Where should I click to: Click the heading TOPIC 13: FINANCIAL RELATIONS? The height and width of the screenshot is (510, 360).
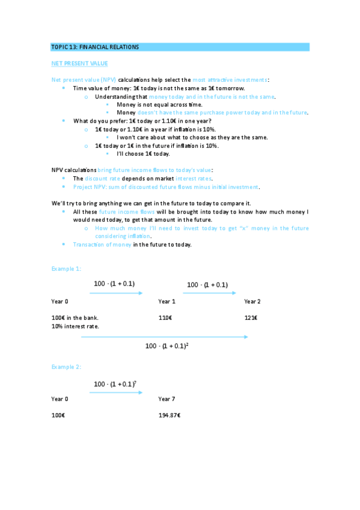click(95, 47)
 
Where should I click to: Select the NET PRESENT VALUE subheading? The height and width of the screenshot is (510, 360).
click(79, 63)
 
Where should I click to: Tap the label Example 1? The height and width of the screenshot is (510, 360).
click(66, 268)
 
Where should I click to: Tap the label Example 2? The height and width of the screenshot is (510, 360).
click(66, 366)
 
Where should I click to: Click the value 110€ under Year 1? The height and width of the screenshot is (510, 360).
click(165, 318)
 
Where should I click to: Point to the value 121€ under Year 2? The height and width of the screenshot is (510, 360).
click(251, 318)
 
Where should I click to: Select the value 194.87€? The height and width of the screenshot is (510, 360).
click(169, 415)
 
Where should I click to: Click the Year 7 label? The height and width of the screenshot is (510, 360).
click(166, 399)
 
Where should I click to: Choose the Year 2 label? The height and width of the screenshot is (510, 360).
click(252, 301)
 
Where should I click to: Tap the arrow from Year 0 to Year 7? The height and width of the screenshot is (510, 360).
click(115, 393)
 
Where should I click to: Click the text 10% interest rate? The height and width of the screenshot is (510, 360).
click(75, 326)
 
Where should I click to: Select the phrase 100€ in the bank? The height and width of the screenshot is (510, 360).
click(75, 318)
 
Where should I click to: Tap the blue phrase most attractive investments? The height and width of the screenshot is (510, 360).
click(230, 80)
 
